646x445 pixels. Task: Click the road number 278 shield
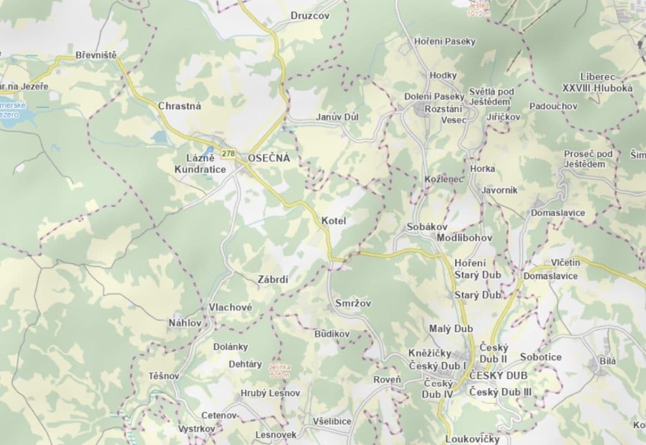pos(228,153)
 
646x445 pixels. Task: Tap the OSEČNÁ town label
pos(269,158)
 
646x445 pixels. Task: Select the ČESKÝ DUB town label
pos(498,376)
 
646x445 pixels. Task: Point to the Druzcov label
pos(310,16)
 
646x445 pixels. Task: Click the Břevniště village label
pos(96,56)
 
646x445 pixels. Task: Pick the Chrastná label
pos(180,106)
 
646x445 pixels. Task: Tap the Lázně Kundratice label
pos(200,164)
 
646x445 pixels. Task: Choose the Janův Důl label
pos(337,117)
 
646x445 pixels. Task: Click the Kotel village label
pos(334,221)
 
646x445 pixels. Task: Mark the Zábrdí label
pos(273,280)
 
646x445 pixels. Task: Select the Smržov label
pos(353,303)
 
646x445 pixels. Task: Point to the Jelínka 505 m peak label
pos(280,371)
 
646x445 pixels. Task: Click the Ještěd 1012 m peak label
pos(479,9)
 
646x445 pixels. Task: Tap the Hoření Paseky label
pos(445,42)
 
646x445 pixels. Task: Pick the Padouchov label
pos(553,106)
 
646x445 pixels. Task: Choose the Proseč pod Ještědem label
pos(588,159)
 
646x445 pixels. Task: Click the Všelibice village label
pos(332,421)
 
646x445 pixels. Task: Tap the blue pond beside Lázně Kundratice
pos(207,152)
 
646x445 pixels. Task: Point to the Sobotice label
pos(541,357)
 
